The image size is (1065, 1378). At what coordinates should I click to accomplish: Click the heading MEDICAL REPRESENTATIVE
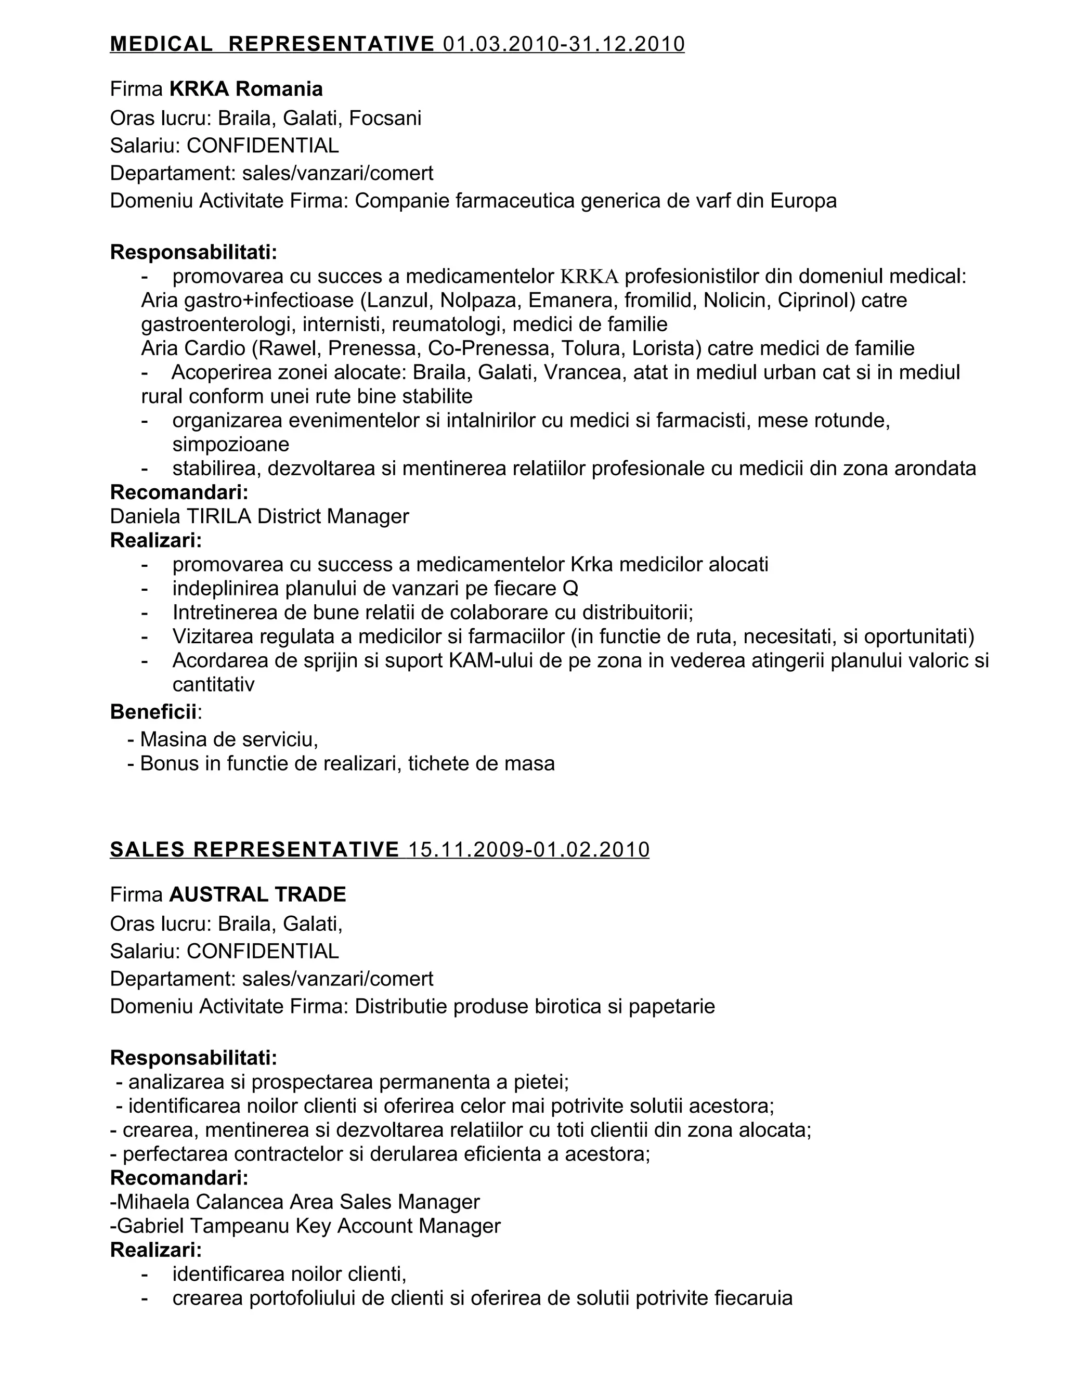(272, 44)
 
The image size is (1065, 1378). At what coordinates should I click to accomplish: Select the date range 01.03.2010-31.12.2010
(563, 44)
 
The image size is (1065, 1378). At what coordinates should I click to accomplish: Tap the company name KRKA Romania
(246, 89)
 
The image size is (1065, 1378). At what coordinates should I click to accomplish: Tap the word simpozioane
(230, 444)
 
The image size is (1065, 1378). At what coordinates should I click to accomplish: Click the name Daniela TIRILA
(180, 516)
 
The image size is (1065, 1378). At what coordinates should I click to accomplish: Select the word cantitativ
(213, 685)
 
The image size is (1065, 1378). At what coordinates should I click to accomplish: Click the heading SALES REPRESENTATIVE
(254, 850)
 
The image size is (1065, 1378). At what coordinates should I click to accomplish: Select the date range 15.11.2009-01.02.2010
(529, 850)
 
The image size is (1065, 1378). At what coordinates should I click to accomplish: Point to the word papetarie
(671, 1006)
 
